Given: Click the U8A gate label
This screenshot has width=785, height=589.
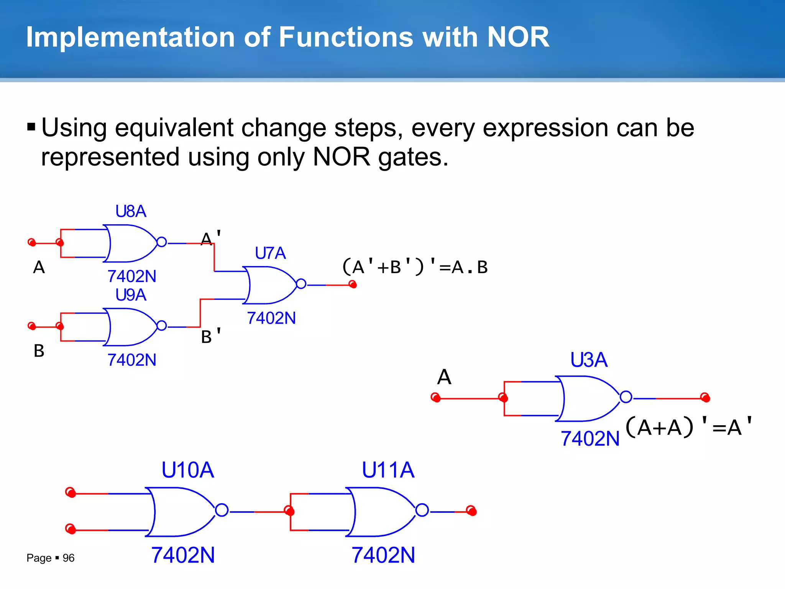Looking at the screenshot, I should click(131, 211).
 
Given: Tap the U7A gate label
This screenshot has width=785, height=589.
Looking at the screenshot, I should click(270, 253).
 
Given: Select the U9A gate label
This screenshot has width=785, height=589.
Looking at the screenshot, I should click(131, 295).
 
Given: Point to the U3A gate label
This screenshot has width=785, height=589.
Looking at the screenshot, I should click(589, 360).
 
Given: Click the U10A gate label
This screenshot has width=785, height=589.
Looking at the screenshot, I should click(187, 470).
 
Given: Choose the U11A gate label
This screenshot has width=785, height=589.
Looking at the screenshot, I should click(388, 470).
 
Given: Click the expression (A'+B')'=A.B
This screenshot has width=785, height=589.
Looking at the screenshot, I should click(414, 267).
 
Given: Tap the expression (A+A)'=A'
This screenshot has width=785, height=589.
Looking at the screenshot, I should click(689, 426).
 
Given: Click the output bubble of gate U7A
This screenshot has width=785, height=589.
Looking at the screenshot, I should click(301, 284).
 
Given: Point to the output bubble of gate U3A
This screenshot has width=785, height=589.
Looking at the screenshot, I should click(626, 397).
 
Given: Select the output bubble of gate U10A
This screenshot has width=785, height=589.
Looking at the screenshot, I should click(222, 510).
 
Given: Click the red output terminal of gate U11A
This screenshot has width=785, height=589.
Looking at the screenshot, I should click(471, 511).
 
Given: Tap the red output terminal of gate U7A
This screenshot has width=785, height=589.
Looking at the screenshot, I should click(353, 285).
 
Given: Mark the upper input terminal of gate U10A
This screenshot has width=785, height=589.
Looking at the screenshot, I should click(71, 492).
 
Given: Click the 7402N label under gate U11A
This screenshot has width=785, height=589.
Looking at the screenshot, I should click(383, 555).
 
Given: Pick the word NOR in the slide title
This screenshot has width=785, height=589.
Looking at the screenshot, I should click(518, 37).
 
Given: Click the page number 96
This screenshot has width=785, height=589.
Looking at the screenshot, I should click(69, 558).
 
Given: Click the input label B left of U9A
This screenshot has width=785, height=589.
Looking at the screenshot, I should click(39, 351).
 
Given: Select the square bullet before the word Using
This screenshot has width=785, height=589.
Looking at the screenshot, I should click(31, 127).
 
